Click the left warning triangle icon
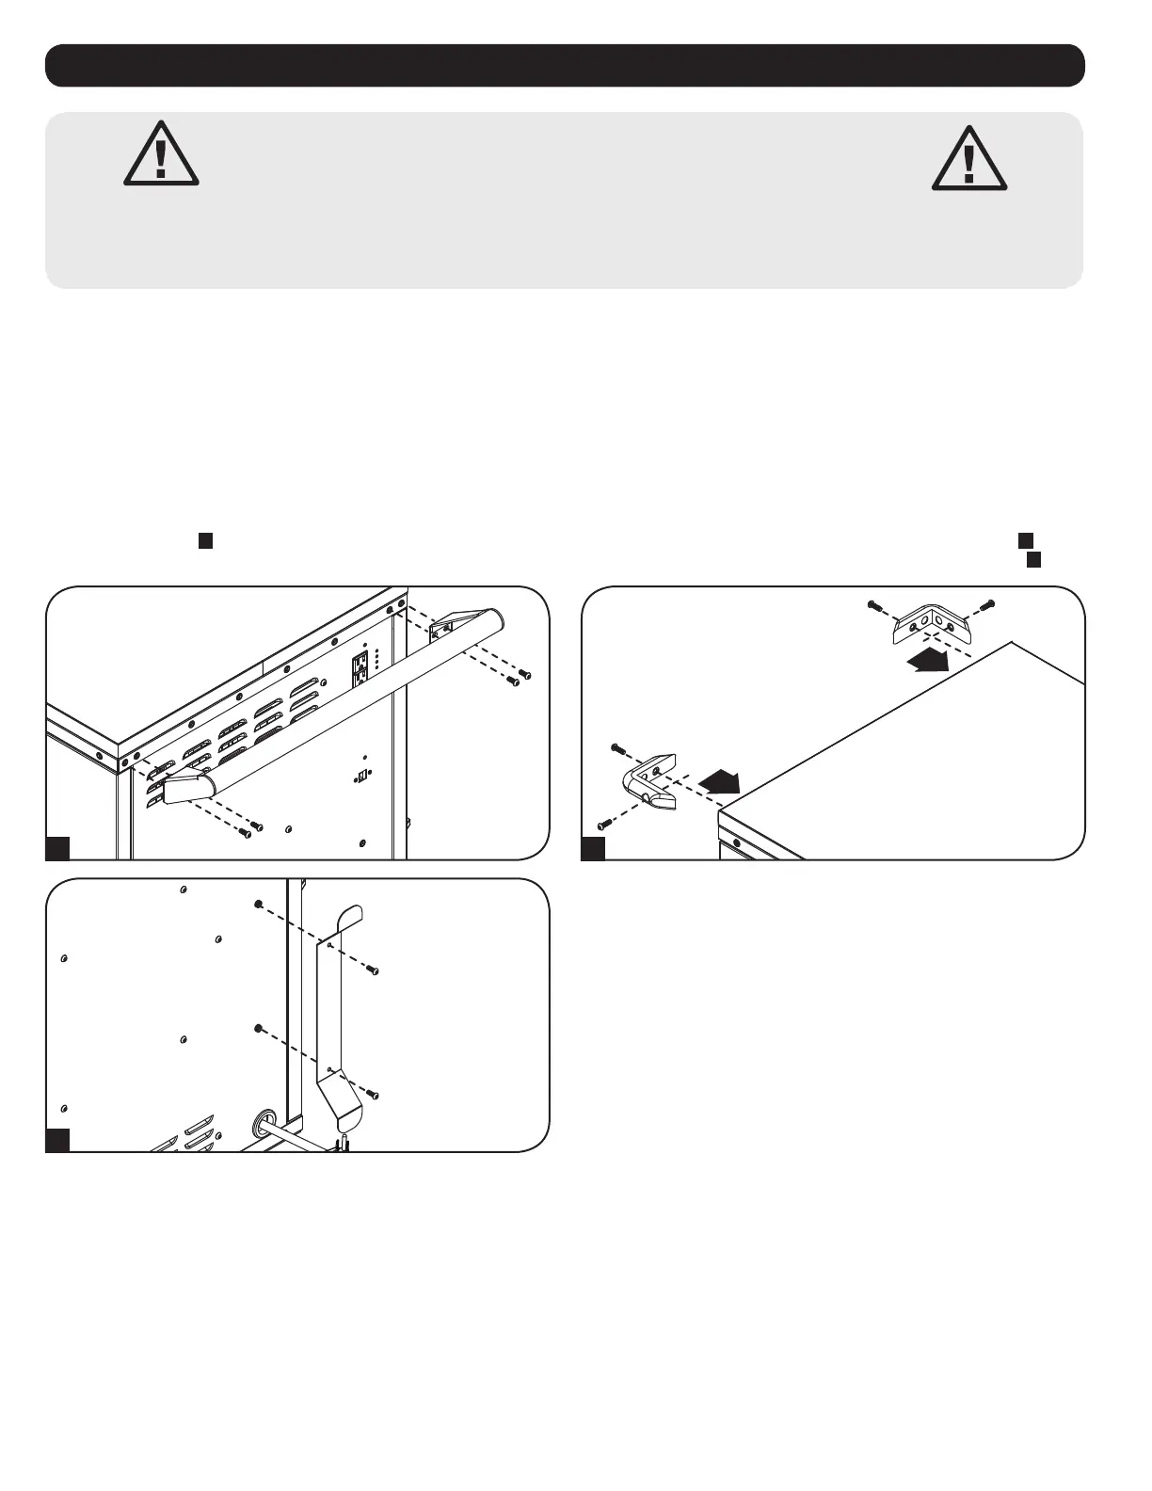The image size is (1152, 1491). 161,153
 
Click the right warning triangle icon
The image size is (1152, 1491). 968,157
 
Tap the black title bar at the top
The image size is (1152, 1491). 565,65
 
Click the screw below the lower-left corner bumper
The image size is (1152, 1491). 604,825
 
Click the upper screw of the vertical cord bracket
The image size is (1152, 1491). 374,970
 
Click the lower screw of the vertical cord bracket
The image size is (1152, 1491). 374,1094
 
